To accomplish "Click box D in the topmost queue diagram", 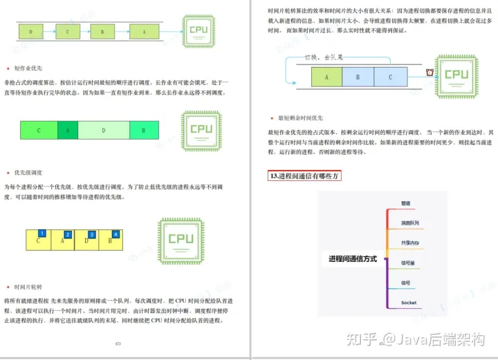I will [x=32, y=32].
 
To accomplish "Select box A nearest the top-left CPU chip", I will [x=144, y=32].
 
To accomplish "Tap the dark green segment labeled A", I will [x=67, y=129].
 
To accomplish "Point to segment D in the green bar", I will [x=103, y=129].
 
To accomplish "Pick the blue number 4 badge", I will [x=116, y=234].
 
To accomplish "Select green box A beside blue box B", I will [x=326, y=77].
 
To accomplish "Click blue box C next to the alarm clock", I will [x=390, y=77].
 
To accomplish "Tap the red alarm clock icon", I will [x=430, y=73].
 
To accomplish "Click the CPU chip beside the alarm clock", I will [x=456, y=74].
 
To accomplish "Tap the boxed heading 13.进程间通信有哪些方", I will [x=304, y=176].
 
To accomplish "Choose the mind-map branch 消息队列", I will [x=410, y=223].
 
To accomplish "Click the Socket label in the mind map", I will [x=408, y=303].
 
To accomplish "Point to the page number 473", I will [x=118, y=343].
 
